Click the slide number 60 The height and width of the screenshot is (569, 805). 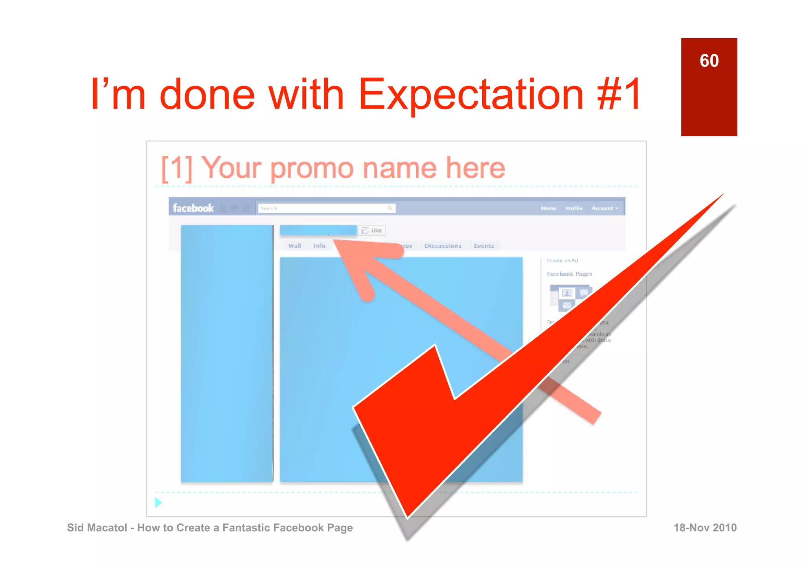709,61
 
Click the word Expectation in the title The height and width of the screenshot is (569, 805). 471,94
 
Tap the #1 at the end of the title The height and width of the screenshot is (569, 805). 619,94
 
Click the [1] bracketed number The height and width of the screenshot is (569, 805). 176,168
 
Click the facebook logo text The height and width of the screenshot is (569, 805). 193,208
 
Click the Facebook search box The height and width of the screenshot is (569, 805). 326,208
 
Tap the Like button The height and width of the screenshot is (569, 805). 372,230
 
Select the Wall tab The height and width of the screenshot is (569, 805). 294,246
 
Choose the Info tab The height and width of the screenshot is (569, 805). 319,246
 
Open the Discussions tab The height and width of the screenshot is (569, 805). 443,246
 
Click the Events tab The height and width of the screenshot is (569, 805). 483,246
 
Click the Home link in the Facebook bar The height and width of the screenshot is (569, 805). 548,208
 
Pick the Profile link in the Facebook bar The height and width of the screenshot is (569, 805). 574,208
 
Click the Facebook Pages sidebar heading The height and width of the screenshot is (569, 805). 569,274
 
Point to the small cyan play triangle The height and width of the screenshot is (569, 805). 158,503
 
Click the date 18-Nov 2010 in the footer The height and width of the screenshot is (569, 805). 705,528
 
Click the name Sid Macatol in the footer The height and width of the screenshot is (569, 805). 97,528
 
